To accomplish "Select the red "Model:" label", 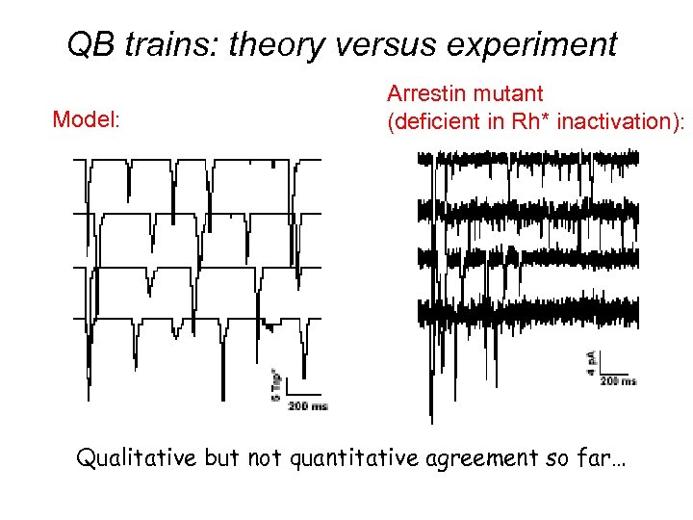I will (86, 119).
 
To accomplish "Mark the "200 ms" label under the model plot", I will (307, 406).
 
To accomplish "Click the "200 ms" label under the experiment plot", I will (618, 381).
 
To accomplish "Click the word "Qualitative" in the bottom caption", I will (137, 457).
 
